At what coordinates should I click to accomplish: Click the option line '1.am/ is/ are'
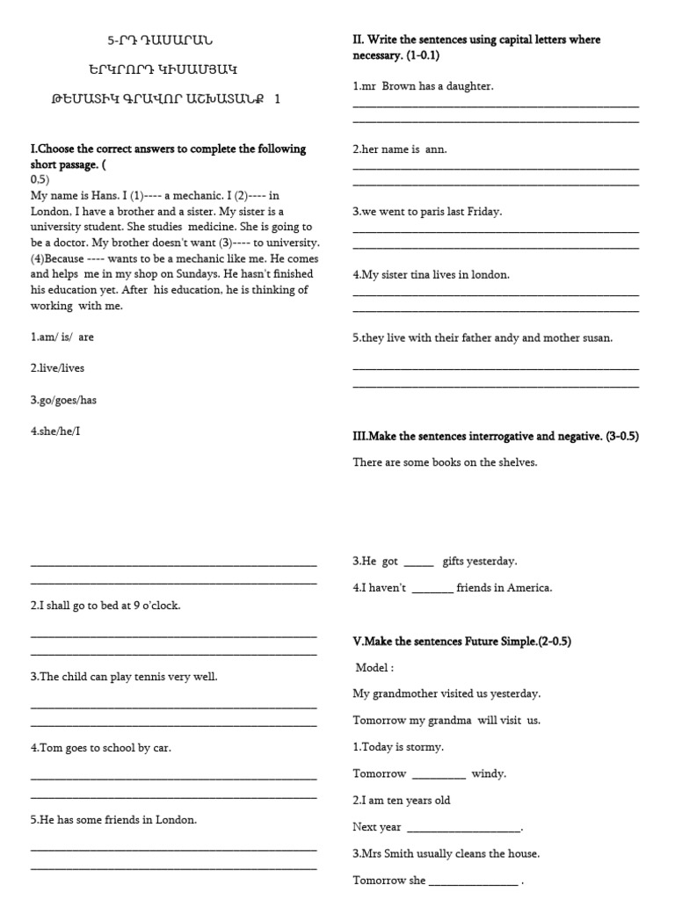coord(62,337)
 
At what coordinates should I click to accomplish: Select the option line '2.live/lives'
coord(58,368)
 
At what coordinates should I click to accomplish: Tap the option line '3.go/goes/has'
coord(63,400)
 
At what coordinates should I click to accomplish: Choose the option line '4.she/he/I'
coord(57,432)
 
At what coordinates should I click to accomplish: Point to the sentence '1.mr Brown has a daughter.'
coord(423,86)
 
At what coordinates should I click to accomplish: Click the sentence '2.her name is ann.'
coord(400,149)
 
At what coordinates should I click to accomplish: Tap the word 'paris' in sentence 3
coord(443,212)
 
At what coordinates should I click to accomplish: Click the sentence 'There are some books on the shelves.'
coord(445,462)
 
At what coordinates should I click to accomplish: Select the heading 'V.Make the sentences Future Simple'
coord(461,642)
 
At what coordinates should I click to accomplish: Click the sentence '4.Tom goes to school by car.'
coord(101,748)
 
